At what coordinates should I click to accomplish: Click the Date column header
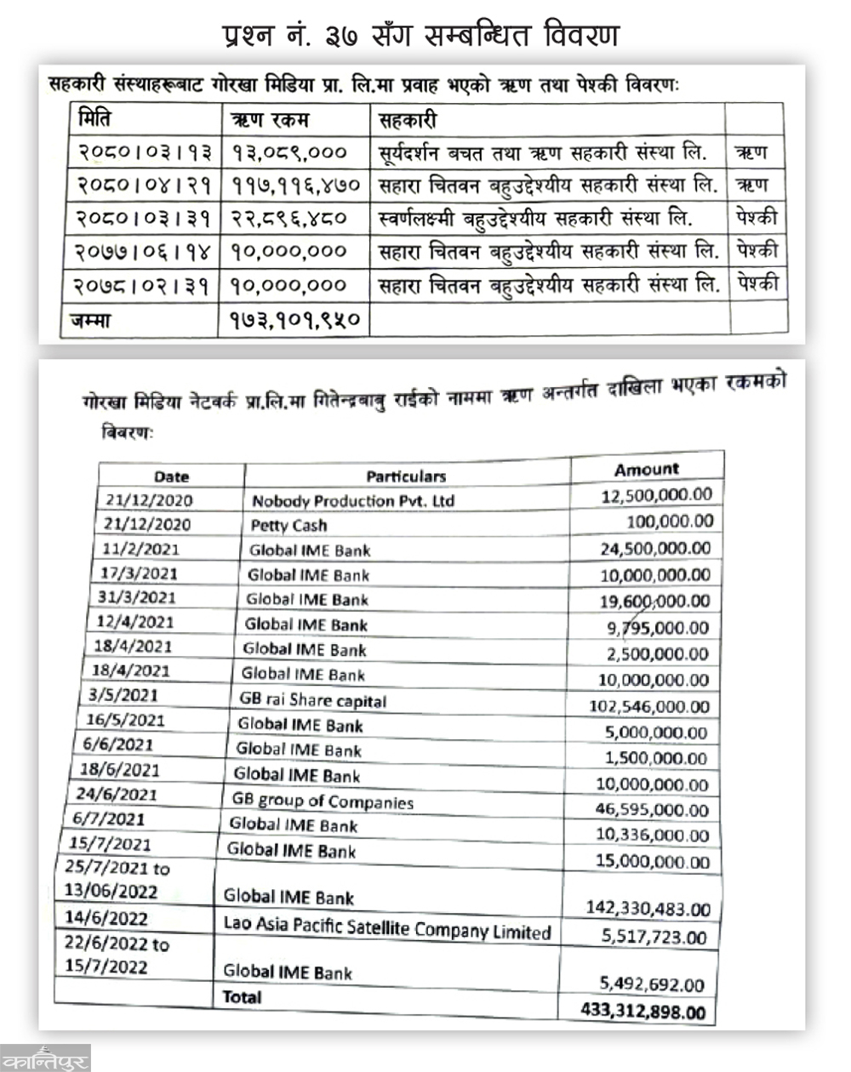click(x=172, y=476)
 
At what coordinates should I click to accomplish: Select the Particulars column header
click(x=406, y=476)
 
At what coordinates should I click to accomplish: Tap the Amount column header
click(x=647, y=469)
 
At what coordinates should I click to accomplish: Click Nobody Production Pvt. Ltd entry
click(x=353, y=500)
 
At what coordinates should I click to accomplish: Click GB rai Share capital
click(x=313, y=700)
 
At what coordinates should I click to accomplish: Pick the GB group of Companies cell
click(x=323, y=801)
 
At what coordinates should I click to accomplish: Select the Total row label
click(x=242, y=996)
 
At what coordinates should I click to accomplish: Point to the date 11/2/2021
click(x=141, y=549)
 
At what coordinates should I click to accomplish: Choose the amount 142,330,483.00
click(x=648, y=909)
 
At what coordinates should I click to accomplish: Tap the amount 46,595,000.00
click(x=653, y=810)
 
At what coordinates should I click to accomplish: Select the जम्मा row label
click(x=91, y=321)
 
